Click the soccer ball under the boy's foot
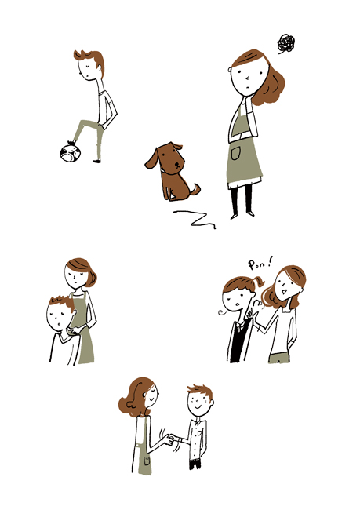[70, 153]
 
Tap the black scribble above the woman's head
[286, 43]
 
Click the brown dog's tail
[195, 190]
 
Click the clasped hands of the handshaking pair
[169, 439]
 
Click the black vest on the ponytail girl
[240, 341]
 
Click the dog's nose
[177, 164]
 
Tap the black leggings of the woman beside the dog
[242, 199]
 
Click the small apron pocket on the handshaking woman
[147, 461]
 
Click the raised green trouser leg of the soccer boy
[85, 130]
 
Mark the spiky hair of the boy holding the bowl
[63, 303]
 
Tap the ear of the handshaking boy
[212, 403]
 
